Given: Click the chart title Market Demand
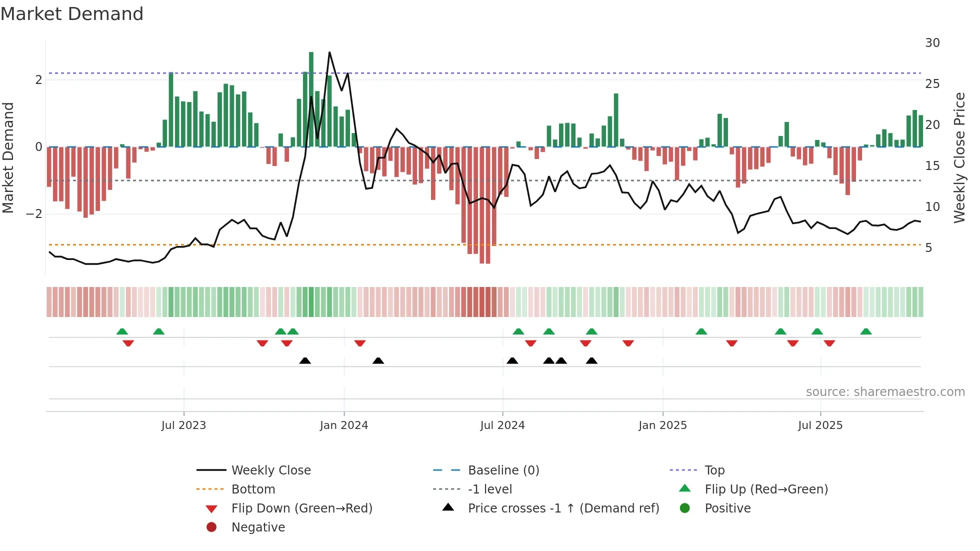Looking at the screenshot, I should pyautogui.click(x=72, y=14).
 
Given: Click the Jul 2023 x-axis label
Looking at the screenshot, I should pyautogui.click(x=183, y=425).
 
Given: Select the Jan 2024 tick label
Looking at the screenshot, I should pyautogui.click(x=344, y=425).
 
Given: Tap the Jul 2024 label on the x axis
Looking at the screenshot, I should pyautogui.click(x=502, y=425).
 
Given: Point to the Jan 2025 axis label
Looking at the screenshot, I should pyautogui.click(x=662, y=425).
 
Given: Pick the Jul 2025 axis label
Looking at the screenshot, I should pyautogui.click(x=820, y=425).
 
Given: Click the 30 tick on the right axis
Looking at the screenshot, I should pyautogui.click(x=932, y=43).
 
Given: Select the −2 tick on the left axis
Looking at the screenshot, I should pyautogui.click(x=34, y=214).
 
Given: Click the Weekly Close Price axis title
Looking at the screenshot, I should pyautogui.click(x=959, y=157).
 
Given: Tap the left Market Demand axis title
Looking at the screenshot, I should pyautogui.click(x=8, y=157).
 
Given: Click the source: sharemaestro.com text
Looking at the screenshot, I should pyautogui.click(x=885, y=392).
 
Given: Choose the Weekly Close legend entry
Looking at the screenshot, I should pyautogui.click(x=270, y=470).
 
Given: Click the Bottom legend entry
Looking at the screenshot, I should pyautogui.click(x=253, y=489).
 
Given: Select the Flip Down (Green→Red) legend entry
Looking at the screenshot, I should pyautogui.click(x=301, y=508).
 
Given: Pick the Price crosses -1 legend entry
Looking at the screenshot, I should pyautogui.click(x=563, y=508).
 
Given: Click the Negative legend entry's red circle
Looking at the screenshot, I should pyautogui.click(x=211, y=527).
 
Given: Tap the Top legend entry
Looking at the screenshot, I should pyautogui.click(x=714, y=470).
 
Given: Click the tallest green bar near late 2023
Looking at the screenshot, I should pyautogui.click(x=311, y=100).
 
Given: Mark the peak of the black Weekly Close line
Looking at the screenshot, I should pyautogui.click(x=329, y=52).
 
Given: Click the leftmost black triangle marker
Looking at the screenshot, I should pyautogui.click(x=305, y=360).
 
